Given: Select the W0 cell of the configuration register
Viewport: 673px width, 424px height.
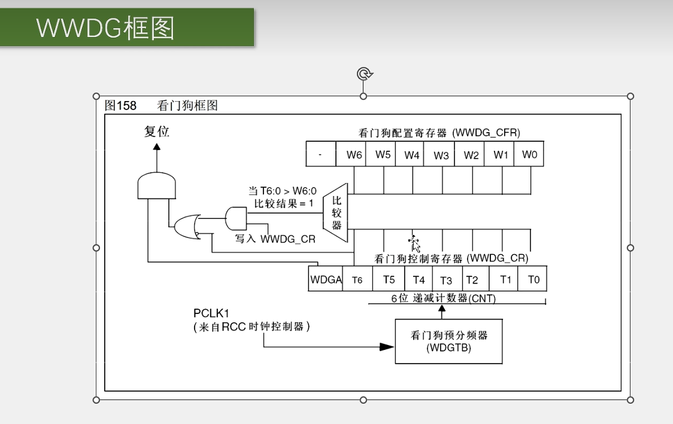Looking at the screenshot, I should point(530,154).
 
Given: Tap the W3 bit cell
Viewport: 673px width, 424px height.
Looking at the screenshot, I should point(441,154).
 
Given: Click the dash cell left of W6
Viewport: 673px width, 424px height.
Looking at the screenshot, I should point(320,154).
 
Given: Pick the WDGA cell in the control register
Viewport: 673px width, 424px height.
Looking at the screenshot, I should point(326,279).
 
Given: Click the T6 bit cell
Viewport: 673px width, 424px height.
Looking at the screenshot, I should point(357,279).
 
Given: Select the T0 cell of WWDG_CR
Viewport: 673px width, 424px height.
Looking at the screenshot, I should point(533,279).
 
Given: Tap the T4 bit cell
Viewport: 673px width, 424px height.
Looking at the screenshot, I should point(419,279).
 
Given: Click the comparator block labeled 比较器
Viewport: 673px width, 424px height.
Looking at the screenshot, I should point(336,213).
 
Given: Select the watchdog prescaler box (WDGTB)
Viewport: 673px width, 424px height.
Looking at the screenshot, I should point(448,341).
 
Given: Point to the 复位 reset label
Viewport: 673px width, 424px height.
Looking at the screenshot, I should point(157,132).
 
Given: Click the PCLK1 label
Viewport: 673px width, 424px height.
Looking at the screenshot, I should point(211,313).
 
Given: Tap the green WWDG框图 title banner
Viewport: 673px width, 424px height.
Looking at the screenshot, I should point(126,27).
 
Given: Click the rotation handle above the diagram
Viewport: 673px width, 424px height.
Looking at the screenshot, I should point(364,74).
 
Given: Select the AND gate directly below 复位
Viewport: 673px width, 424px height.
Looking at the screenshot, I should point(157,186).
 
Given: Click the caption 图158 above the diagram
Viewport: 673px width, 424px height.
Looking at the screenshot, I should point(121,106).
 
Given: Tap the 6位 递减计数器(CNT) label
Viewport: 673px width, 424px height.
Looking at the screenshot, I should point(444,298).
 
